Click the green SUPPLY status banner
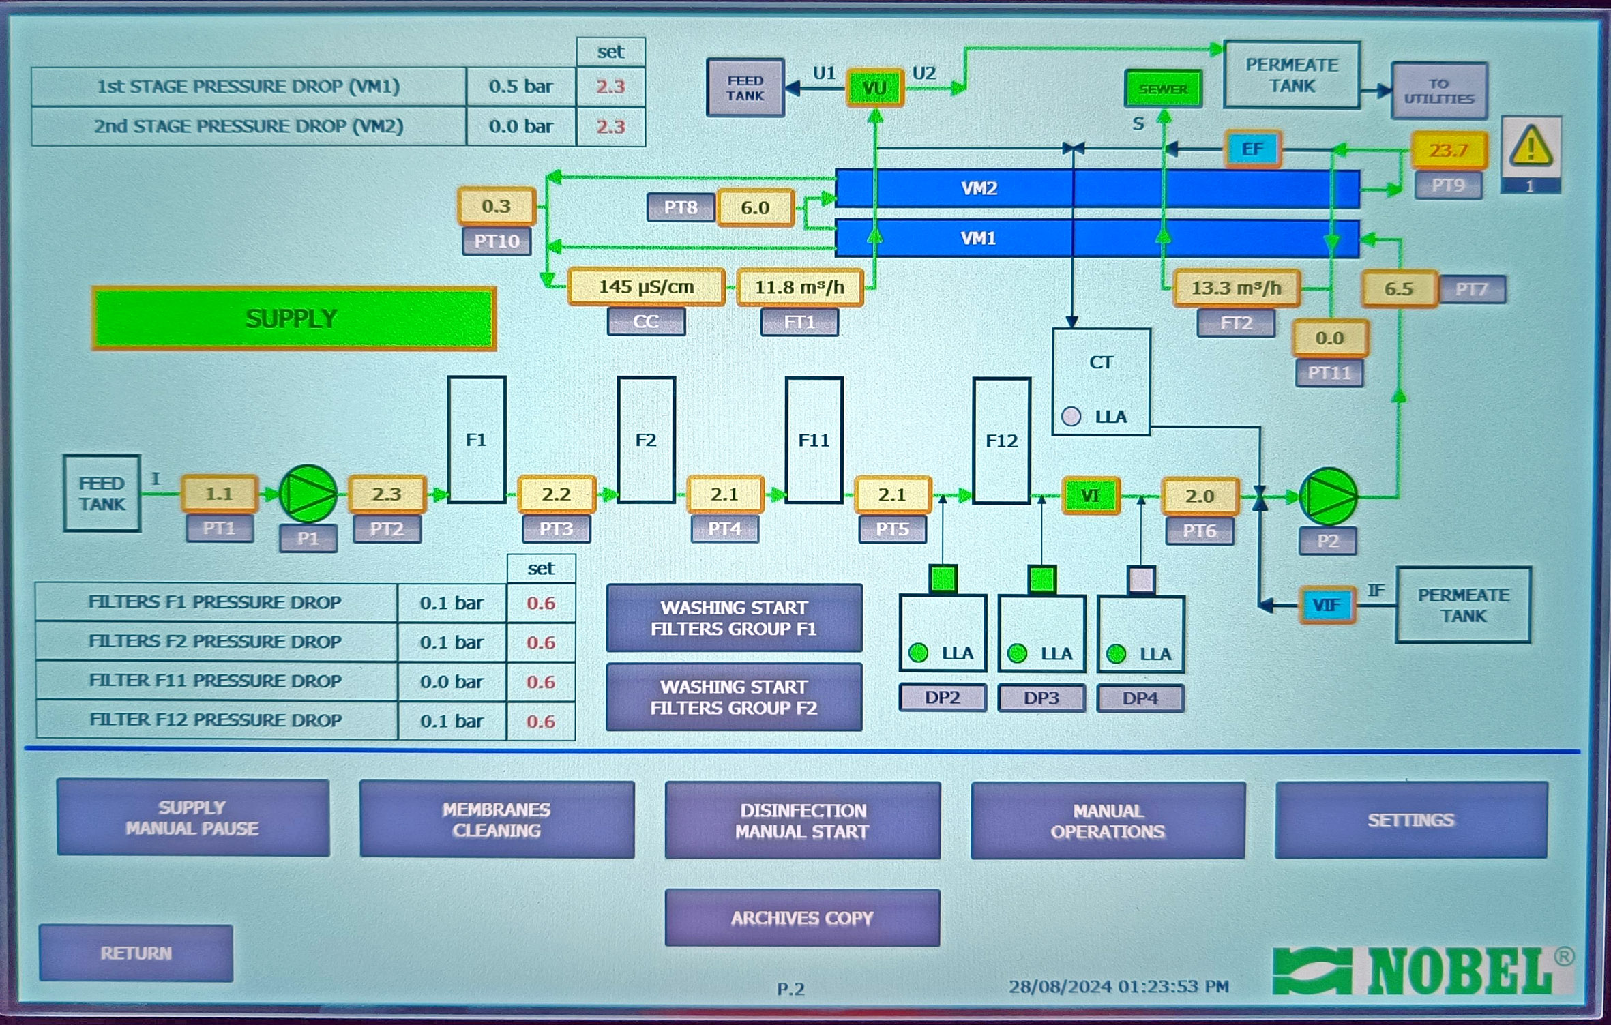pos(293,318)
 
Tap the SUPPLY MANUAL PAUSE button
pos(193,818)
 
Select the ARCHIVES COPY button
pos(802,918)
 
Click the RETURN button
pos(136,953)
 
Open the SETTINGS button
pos(1410,820)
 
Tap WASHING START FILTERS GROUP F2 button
pos(734,697)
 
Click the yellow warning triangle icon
pos(1531,147)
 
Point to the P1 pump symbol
pos(308,494)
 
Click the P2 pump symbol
pos(1328,496)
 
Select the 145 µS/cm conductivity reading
pos(646,287)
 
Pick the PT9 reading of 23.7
pos(1448,150)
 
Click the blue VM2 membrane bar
pos(1097,188)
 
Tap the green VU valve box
pos(874,88)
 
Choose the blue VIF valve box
pos(1326,605)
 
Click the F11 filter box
pos(814,440)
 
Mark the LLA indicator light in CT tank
pos(1071,416)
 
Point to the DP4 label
pos(1140,698)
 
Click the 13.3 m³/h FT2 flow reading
pos(1236,288)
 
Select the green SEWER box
pos(1163,89)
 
